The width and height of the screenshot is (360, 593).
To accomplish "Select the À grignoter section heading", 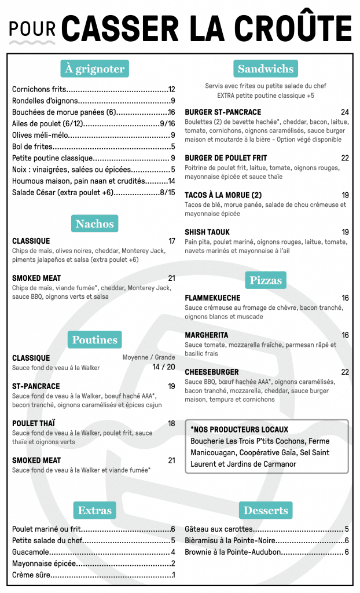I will tap(94, 69).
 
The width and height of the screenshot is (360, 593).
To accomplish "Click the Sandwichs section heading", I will tap(266, 69).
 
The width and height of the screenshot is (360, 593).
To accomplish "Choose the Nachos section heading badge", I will tap(95, 224).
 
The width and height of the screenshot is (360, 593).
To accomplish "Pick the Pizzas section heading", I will tap(266, 280).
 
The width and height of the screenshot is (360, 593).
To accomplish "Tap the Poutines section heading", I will tap(95, 340).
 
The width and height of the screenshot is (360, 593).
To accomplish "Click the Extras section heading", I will tap(94, 510).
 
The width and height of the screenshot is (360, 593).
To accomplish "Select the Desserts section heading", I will tap(266, 510).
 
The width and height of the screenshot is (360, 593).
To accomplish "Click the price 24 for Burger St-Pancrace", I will tap(344, 112).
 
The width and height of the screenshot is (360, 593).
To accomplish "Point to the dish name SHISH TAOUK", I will tap(207, 232).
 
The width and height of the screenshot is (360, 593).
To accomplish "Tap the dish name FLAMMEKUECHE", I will tap(212, 298).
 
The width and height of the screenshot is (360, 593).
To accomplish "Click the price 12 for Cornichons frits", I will tap(171, 90).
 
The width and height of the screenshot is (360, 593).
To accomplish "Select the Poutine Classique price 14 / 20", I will tap(163, 367).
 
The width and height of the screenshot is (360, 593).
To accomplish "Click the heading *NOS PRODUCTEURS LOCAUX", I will tap(239, 430).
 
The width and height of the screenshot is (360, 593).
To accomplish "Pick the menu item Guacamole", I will tap(31, 552).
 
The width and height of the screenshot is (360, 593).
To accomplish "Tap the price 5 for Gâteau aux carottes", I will tap(346, 529).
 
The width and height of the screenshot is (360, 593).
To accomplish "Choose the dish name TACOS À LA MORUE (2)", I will tap(223, 195).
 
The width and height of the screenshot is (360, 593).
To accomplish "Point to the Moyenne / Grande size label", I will tap(148, 357).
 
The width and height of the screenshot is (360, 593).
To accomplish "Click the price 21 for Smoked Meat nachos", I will tap(171, 279).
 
